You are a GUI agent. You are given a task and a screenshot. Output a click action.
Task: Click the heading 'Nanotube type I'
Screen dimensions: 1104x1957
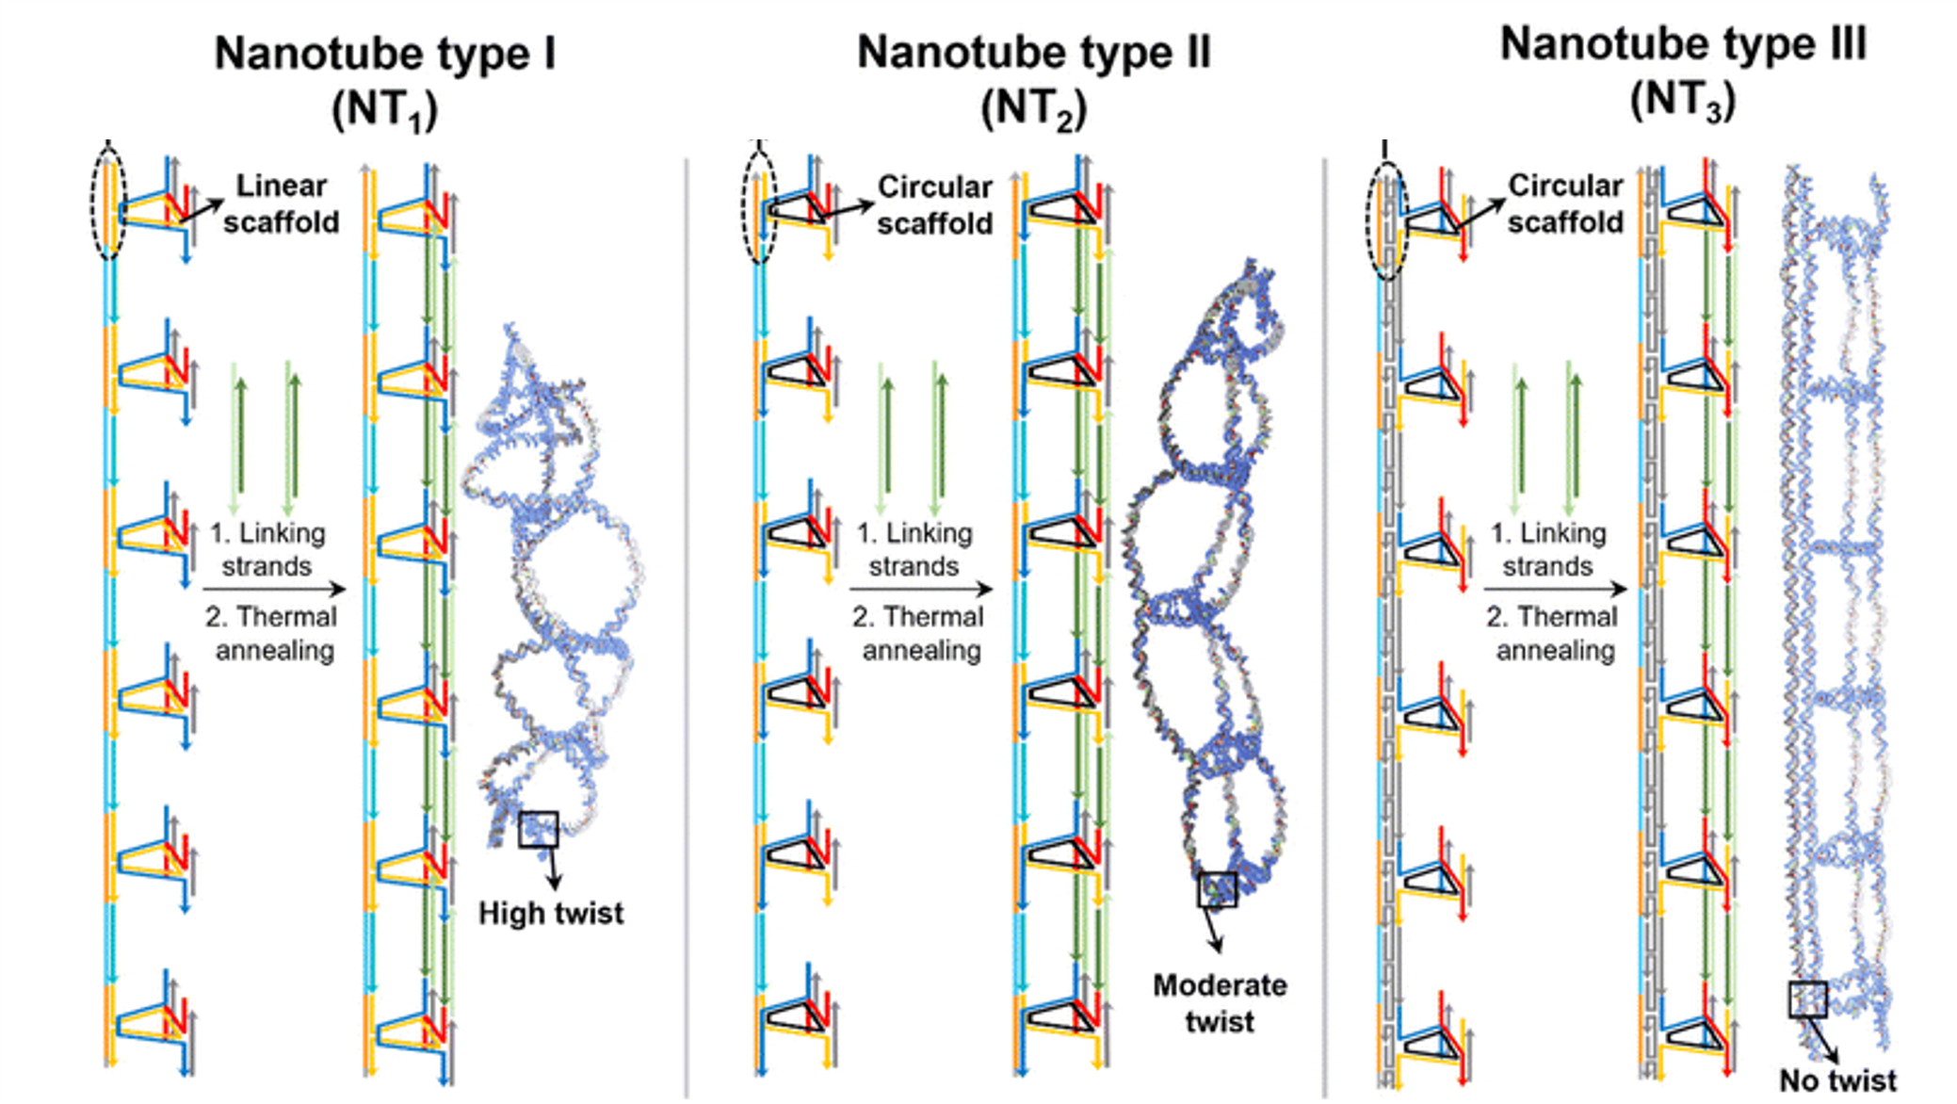coord(384,54)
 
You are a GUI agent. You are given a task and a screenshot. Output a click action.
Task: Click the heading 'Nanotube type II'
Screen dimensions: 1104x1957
coord(1033,53)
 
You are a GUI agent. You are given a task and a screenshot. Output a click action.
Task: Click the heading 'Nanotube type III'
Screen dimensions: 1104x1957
coord(1682,44)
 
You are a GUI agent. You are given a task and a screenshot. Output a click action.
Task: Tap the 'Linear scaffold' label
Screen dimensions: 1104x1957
coord(281,203)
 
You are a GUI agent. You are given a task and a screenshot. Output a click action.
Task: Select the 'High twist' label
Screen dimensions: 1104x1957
coord(550,913)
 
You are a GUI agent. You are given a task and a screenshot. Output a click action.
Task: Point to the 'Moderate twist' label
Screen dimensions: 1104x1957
coord(1219,1002)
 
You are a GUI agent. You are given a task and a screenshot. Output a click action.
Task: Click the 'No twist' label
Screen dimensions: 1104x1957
coord(1837,1080)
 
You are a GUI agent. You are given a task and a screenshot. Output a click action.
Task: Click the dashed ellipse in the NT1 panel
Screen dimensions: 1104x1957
coord(109,201)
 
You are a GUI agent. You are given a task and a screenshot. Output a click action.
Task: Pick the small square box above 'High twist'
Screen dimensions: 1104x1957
coord(538,829)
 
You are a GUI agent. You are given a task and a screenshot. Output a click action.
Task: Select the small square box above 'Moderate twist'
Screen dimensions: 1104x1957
coord(1217,889)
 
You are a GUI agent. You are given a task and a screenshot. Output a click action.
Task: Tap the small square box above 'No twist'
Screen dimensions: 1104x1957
coord(1807,999)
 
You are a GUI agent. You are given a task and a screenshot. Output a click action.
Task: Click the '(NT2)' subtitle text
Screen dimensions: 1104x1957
coord(1033,109)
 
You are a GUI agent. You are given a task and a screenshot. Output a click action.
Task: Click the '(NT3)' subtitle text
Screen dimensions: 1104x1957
coord(1682,100)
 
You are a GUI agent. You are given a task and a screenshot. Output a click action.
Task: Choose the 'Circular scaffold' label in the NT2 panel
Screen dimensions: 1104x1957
coord(934,204)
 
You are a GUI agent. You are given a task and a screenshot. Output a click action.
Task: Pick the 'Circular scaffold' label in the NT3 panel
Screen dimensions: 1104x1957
coord(1564,203)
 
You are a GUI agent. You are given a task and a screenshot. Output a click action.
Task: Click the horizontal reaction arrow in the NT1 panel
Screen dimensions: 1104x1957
coord(274,590)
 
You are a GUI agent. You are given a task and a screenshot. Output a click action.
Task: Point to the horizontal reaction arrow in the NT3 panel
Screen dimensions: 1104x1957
coord(1555,590)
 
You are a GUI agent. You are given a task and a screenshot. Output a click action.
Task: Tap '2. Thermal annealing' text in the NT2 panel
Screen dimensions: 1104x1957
coord(919,633)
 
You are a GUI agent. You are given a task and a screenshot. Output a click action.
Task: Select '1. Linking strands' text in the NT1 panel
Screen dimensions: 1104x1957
coord(267,549)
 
